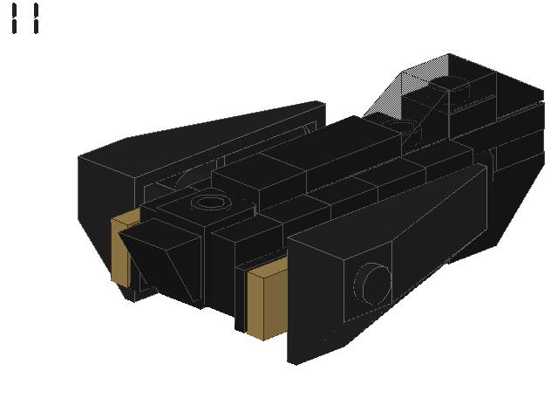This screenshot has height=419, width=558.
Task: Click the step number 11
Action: point(25,18)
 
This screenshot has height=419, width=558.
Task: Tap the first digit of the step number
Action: point(14,18)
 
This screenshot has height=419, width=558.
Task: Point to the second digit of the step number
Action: point(36,18)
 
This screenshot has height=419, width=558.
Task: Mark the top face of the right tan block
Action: point(268,266)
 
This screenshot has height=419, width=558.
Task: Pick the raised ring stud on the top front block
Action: point(211,203)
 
